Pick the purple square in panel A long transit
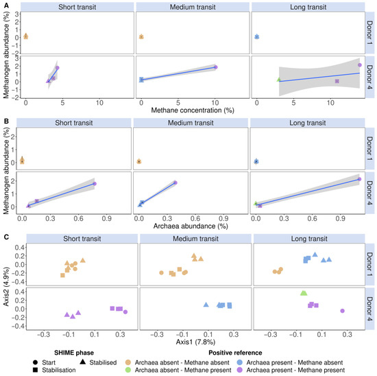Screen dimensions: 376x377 [x=337, y=81]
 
